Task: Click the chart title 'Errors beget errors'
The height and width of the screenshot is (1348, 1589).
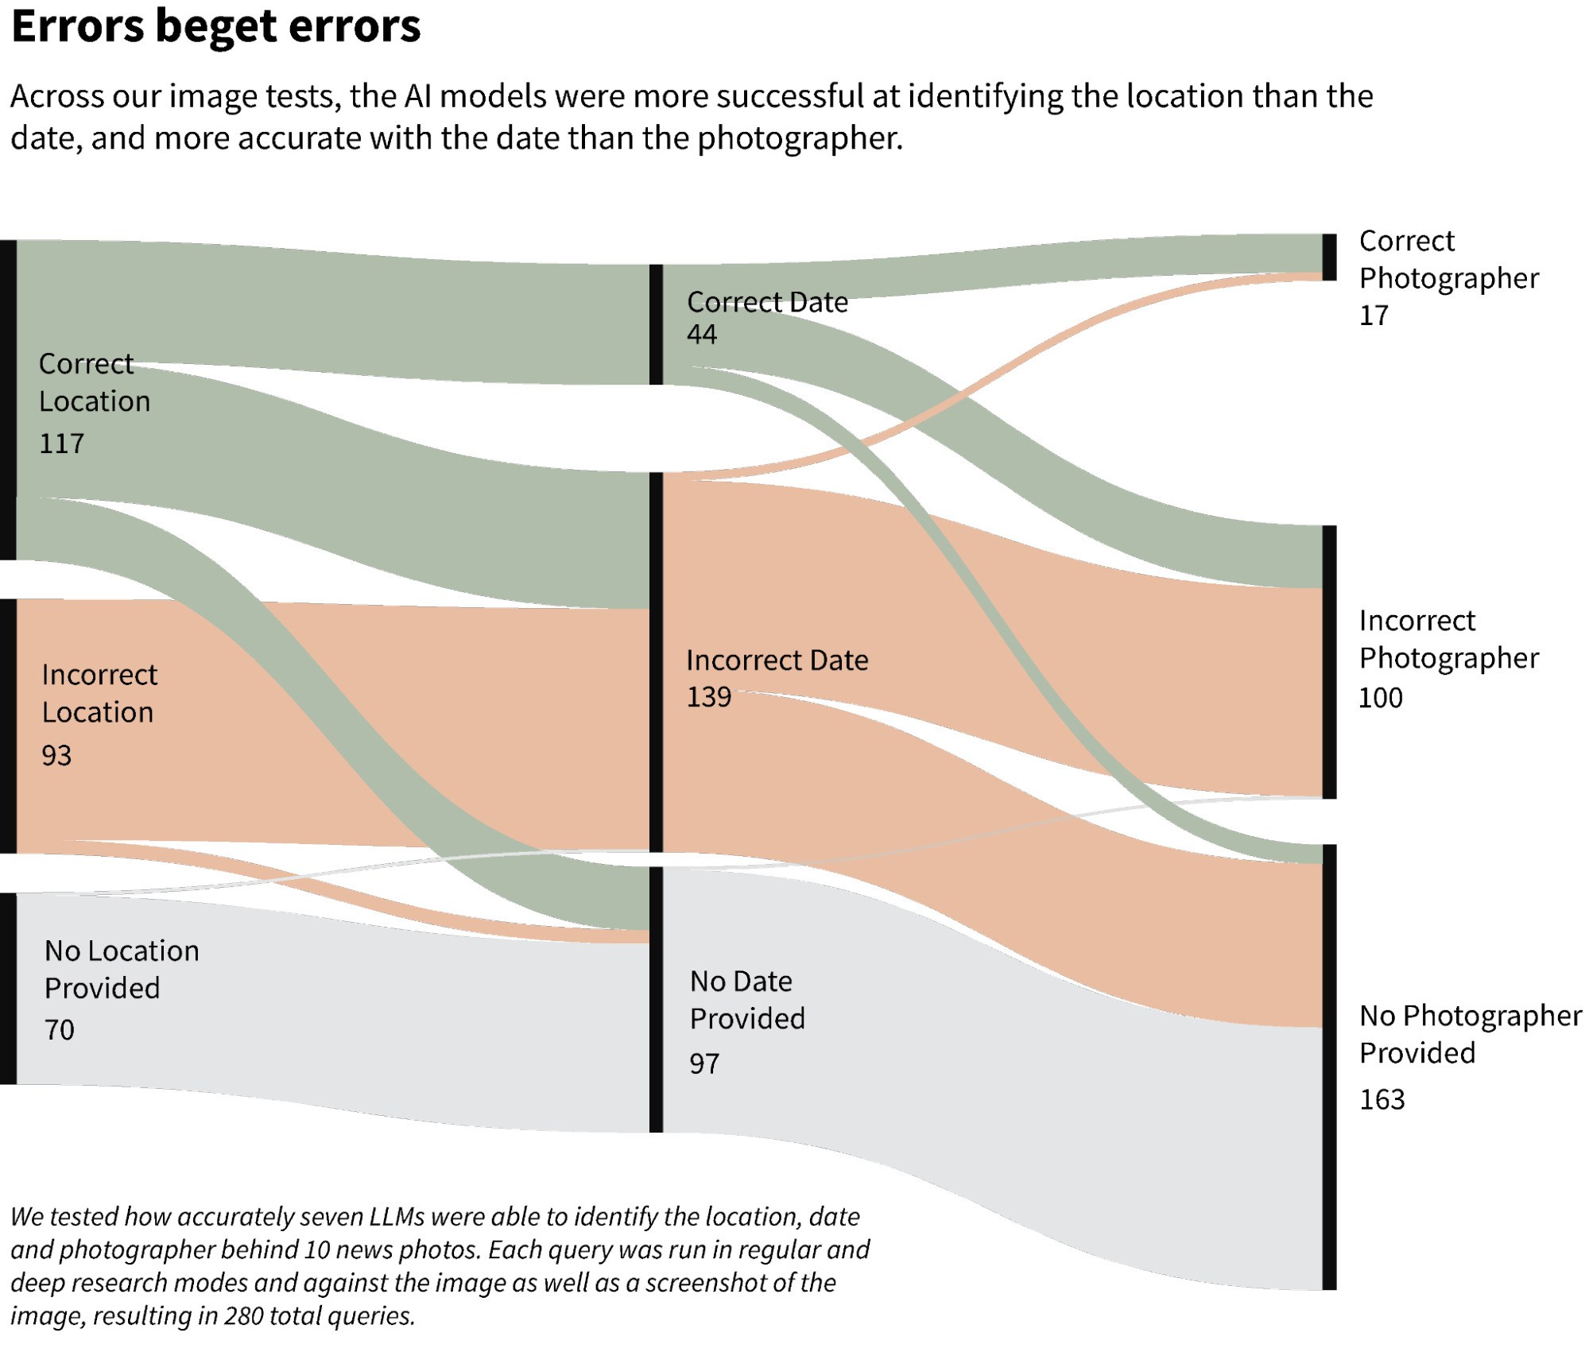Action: pyautogui.click(x=215, y=25)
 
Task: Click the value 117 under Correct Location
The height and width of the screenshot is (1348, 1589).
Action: pyautogui.click(x=62, y=444)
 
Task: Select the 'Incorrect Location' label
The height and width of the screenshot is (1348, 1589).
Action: pyautogui.click(x=99, y=693)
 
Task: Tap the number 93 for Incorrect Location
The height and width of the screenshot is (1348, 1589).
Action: pyautogui.click(x=56, y=755)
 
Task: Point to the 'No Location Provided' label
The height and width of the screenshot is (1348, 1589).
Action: pyautogui.click(x=122, y=969)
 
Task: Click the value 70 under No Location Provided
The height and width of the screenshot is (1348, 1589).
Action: pyautogui.click(x=60, y=1030)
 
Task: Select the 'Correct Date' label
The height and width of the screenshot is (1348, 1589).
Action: pyautogui.click(x=767, y=302)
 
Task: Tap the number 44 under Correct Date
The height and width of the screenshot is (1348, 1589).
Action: pyautogui.click(x=702, y=334)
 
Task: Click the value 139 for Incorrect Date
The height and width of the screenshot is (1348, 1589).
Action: pyautogui.click(x=708, y=697)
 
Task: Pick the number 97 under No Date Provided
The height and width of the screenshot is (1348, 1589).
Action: pyautogui.click(x=704, y=1063)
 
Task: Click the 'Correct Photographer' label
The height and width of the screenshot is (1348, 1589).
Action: pyautogui.click(x=1448, y=259)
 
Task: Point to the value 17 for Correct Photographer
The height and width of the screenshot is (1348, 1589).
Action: pyautogui.click(x=1374, y=316)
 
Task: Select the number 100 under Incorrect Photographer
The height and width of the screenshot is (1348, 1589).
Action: pyautogui.click(x=1381, y=698)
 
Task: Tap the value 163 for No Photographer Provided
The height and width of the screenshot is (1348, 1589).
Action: pyautogui.click(x=1382, y=1099)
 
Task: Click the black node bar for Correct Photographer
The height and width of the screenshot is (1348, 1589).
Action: pyautogui.click(x=1329, y=257)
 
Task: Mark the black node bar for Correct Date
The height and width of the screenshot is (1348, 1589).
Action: pyautogui.click(x=656, y=324)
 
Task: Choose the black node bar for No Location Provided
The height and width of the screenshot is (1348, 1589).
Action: pyautogui.click(x=8, y=988)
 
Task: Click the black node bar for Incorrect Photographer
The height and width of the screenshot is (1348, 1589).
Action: pyautogui.click(x=1329, y=661)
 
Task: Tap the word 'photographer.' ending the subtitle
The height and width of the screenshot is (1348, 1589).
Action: pyautogui.click(x=800, y=138)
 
